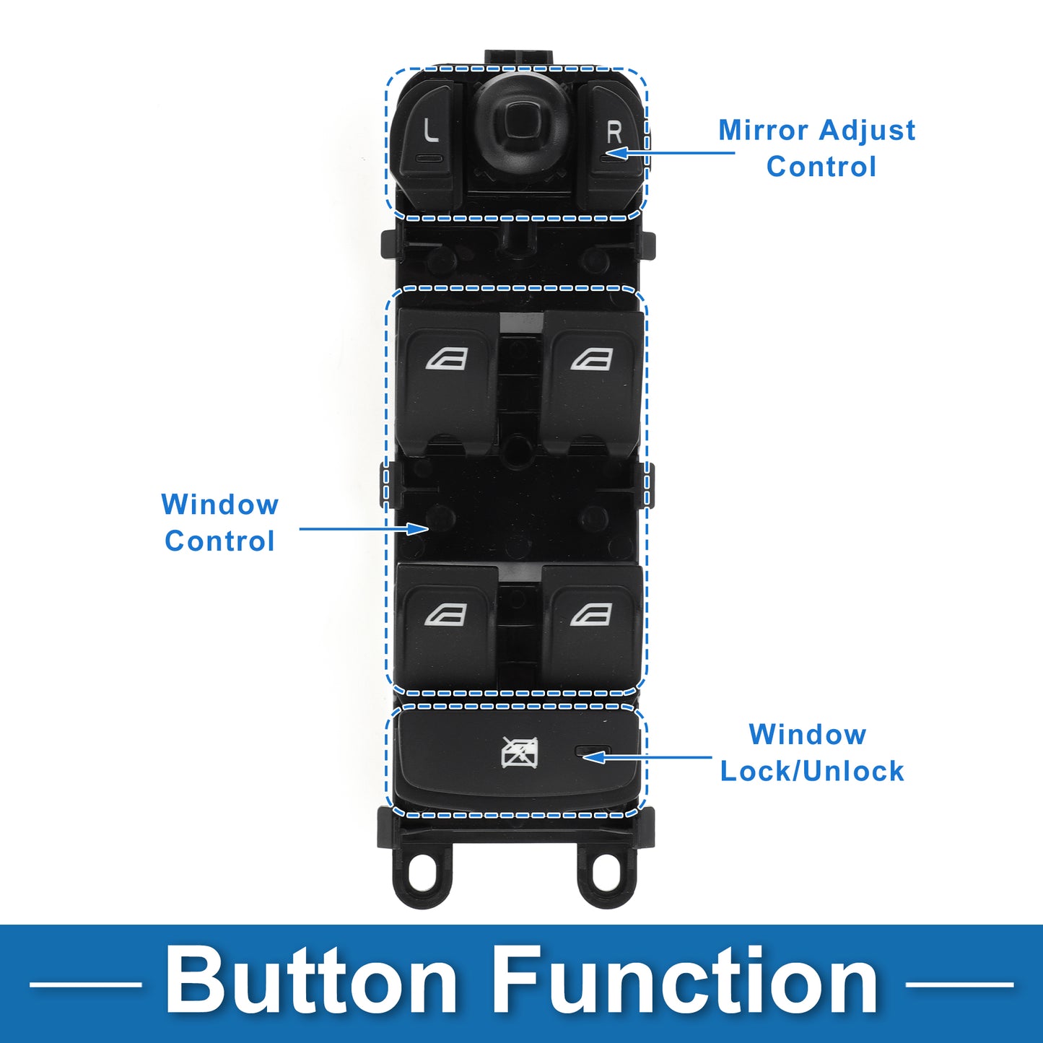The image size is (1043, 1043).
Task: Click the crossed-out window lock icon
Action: click(520, 752)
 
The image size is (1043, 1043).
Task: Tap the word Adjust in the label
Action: click(867, 131)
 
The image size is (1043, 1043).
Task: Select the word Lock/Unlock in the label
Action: click(812, 771)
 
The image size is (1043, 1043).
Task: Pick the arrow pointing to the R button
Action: click(671, 153)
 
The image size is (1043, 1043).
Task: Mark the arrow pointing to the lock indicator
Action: click(647, 757)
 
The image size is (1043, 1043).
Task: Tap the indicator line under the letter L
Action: click(429, 159)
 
